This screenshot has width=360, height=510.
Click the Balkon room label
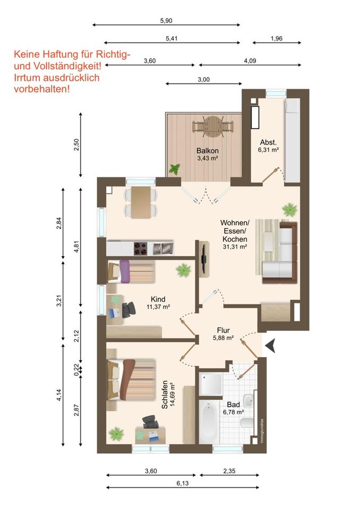click(208, 151)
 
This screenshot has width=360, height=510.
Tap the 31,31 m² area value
click(235, 247)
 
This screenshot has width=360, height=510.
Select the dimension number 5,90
click(166, 21)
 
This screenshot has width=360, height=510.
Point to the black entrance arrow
click(270, 345)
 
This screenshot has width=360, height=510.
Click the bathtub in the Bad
click(209, 421)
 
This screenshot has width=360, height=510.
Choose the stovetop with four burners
click(141, 249)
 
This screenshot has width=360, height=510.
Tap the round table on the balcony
click(213, 127)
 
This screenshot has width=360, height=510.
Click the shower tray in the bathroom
click(211, 384)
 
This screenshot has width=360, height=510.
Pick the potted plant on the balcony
click(175, 169)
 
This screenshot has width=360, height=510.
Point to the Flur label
click(224, 330)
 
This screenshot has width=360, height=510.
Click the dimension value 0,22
click(76, 370)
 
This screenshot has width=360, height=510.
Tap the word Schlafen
click(165, 395)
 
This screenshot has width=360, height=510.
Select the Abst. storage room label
click(268, 142)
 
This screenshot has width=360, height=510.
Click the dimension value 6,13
click(183, 483)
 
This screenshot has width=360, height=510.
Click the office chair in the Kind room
click(129, 310)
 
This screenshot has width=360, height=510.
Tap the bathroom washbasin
click(248, 401)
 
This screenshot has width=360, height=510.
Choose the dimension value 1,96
click(277, 39)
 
